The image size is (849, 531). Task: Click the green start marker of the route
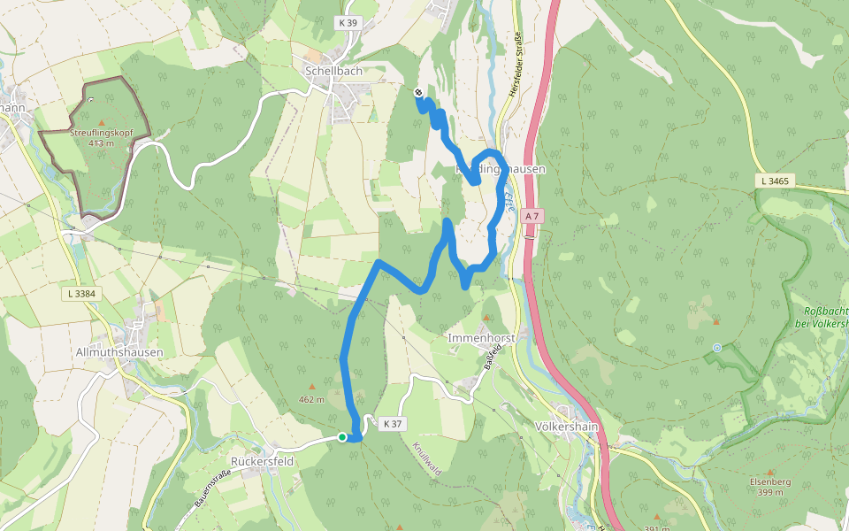tap(342, 436)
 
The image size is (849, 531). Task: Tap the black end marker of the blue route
tap(418, 91)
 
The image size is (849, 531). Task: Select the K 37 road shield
tap(392, 425)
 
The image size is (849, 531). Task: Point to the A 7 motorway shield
tap(531, 216)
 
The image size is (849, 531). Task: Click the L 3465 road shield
tap(773, 181)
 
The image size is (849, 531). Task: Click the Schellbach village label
tap(330, 70)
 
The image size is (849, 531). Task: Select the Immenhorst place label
tap(481, 338)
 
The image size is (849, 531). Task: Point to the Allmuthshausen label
tap(119, 351)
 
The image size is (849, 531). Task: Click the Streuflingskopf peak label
tap(101, 133)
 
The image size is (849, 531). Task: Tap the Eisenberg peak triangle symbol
tap(770, 473)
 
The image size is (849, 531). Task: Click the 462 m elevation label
tap(311, 399)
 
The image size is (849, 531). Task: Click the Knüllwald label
tap(426, 459)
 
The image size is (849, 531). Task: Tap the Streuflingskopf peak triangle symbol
tap(101, 122)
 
